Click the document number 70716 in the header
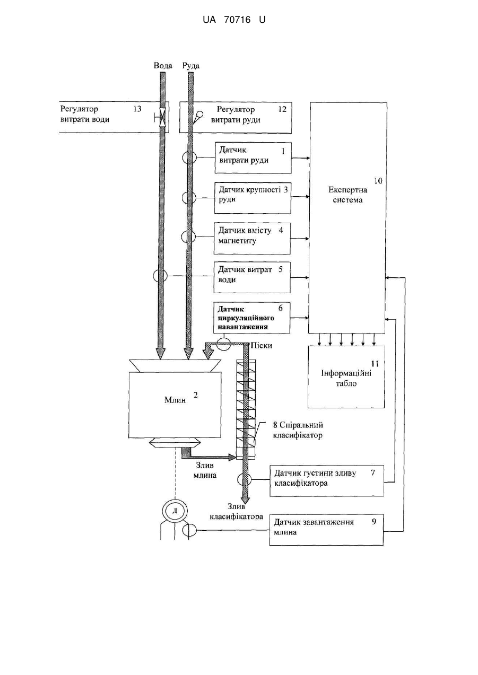pyautogui.click(x=237, y=20)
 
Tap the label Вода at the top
pyautogui.click(x=163, y=66)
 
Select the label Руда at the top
pyautogui.click(x=191, y=66)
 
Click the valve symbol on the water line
pyautogui.click(x=162, y=117)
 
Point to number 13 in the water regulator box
pyautogui.click(x=137, y=109)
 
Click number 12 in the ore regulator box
pyautogui.click(x=282, y=109)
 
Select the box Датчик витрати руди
pyautogui.click(x=253, y=158)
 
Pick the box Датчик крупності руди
pyautogui.click(x=253, y=198)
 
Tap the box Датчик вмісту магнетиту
pyautogui.click(x=252, y=239)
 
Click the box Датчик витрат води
pyautogui.click(x=252, y=277)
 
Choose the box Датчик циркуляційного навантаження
pyautogui.click(x=252, y=318)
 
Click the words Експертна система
pyautogui.click(x=347, y=195)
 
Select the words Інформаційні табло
pyautogui.click(x=346, y=379)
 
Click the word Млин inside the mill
pyautogui.click(x=175, y=400)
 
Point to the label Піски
pyautogui.click(x=262, y=345)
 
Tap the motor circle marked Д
pyautogui.click(x=175, y=511)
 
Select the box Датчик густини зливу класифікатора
pyautogui.click(x=327, y=480)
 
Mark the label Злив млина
pyautogui.click(x=205, y=470)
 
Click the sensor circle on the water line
pyautogui.click(x=160, y=275)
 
